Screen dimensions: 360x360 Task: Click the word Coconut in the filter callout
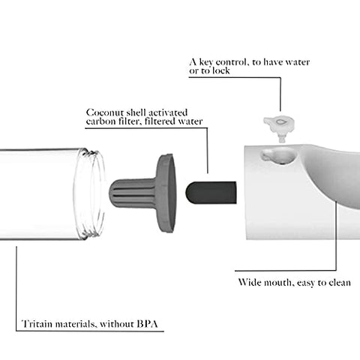pos(104,112)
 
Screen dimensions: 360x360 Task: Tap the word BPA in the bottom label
pos(148,324)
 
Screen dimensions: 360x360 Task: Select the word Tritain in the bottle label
pos(37,324)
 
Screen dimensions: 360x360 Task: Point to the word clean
pos(340,283)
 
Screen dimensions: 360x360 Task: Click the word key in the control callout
pos(206,61)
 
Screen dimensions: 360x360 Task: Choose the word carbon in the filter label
pos(100,121)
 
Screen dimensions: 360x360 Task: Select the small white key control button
pos(280,127)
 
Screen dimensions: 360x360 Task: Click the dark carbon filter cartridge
pos(211,193)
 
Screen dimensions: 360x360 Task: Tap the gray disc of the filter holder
pos(166,193)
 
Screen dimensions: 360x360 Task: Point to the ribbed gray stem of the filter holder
pos(133,193)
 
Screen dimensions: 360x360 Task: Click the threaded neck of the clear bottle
pos(91,193)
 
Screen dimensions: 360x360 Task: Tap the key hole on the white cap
pos(277,156)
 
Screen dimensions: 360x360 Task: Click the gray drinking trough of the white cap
pos(335,175)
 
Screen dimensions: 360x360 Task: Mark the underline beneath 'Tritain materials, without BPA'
pos(90,331)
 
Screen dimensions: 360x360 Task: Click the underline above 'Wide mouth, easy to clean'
pos(286,271)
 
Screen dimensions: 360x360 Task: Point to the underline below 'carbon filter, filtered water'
pos(146,128)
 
